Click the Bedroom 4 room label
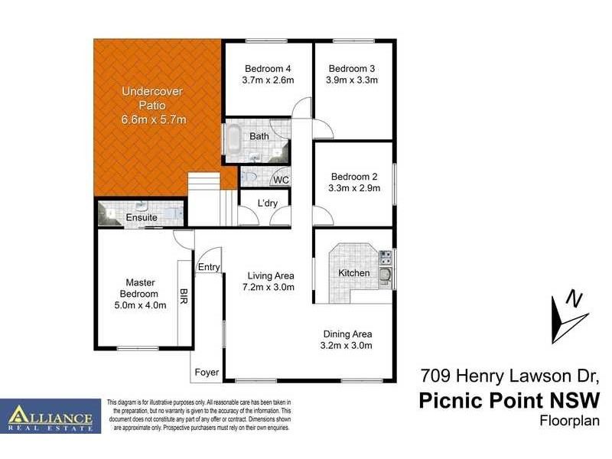pyautogui.click(x=268, y=67)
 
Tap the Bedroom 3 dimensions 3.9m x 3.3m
pyautogui.click(x=352, y=79)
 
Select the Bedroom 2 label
pyautogui.click(x=354, y=175)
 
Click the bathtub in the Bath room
pyautogui.click(x=233, y=141)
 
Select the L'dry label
pyautogui.click(x=267, y=203)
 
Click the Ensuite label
pyautogui.click(x=142, y=217)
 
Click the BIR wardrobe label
pyautogui.click(x=184, y=297)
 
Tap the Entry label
pyautogui.click(x=209, y=267)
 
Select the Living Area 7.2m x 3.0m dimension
pyautogui.click(x=270, y=287)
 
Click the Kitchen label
pyautogui.click(x=353, y=273)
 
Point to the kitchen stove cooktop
pyautogui.click(x=386, y=257)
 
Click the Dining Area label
pyautogui.click(x=347, y=334)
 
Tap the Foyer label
pyautogui.click(x=207, y=373)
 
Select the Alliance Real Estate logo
pyautogui.click(x=50, y=416)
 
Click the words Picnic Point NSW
pyautogui.click(x=509, y=400)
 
